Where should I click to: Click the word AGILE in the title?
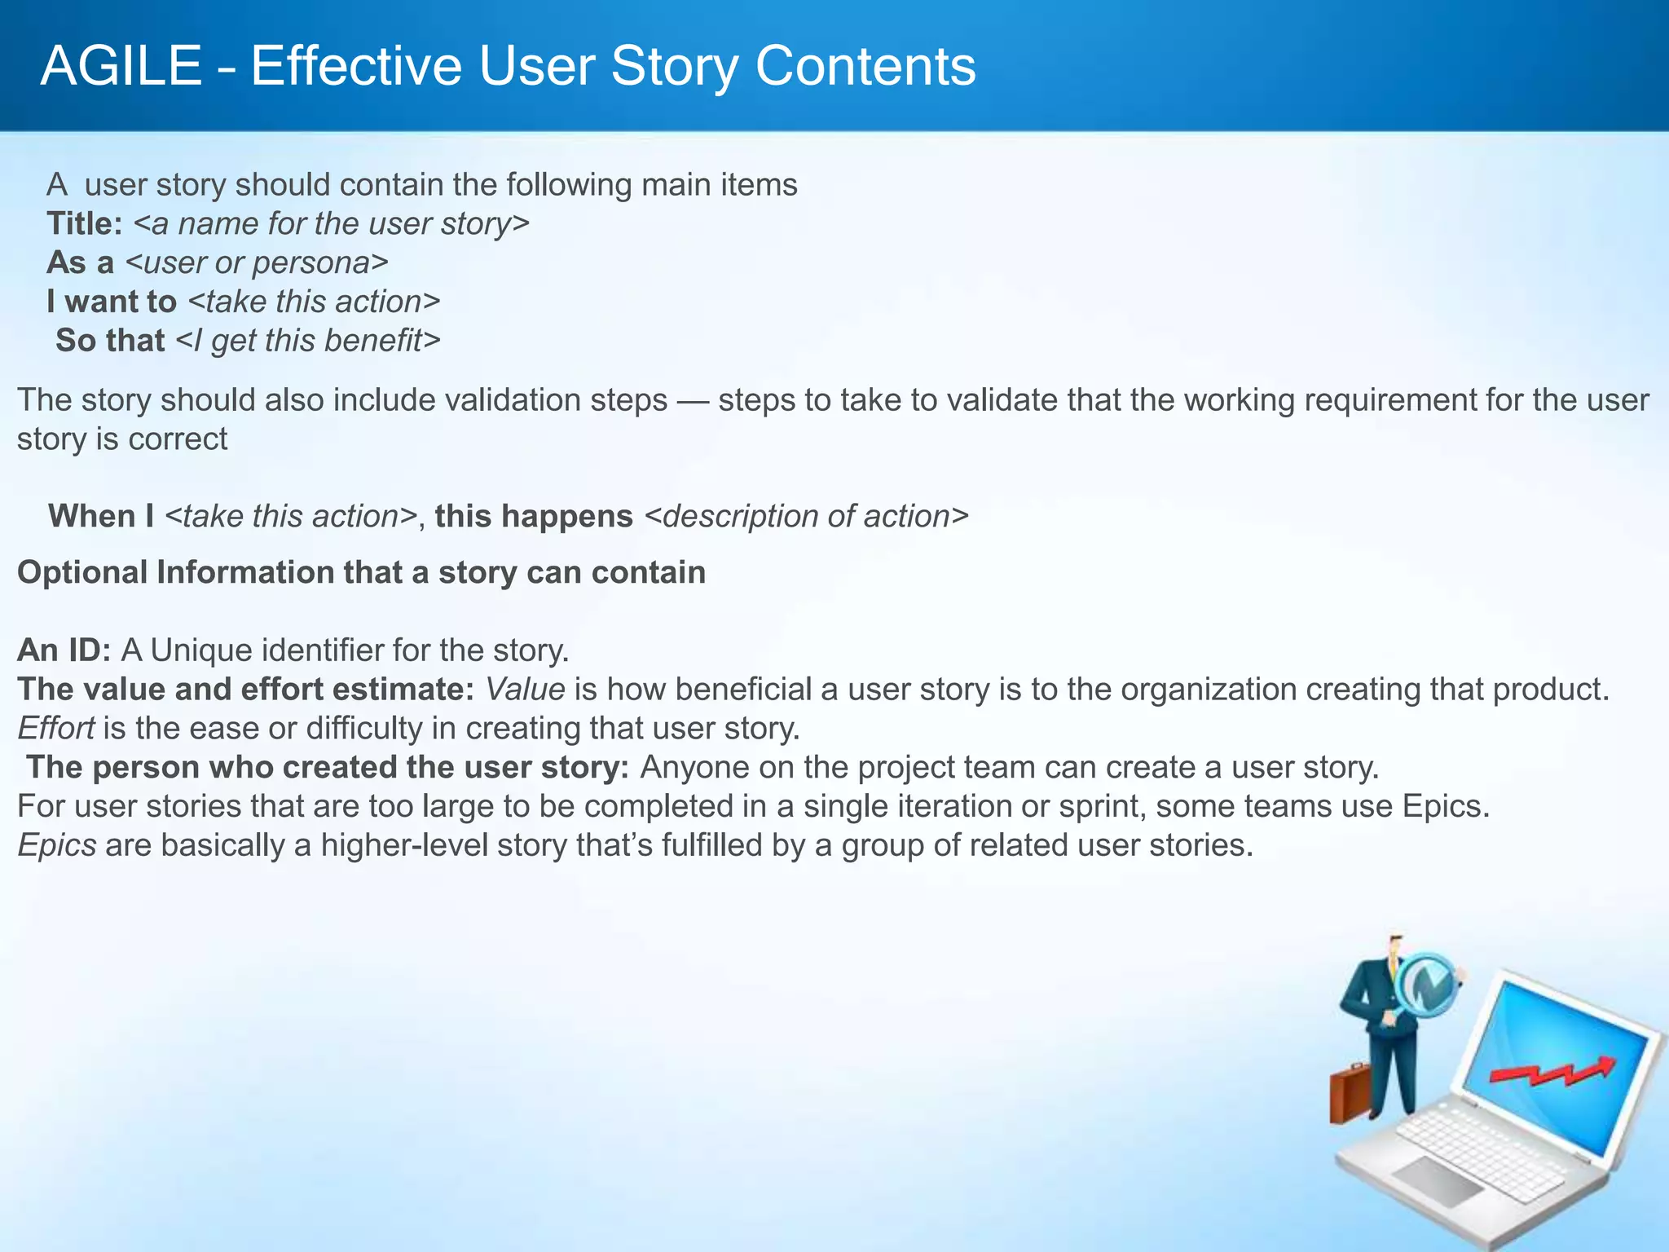coord(121,66)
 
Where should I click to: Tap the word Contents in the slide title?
coord(865,66)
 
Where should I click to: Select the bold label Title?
coord(85,223)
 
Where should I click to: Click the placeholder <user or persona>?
coord(257,262)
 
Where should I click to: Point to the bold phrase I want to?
coord(112,302)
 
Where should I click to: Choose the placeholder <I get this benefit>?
coord(308,341)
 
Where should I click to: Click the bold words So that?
coord(110,341)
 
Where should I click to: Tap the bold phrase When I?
coord(101,516)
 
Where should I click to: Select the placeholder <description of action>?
coord(806,516)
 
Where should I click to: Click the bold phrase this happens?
coord(534,516)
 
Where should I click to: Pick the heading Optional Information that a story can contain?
coord(361,572)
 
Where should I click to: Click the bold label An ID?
coord(64,650)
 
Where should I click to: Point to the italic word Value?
coord(525,690)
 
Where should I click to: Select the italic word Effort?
coord(55,728)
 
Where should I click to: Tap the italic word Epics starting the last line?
coord(57,845)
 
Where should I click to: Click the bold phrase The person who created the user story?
coord(328,767)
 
